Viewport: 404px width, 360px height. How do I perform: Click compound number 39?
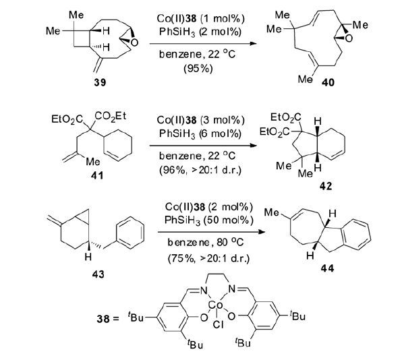(100, 82)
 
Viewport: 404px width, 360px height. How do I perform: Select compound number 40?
(328, 82)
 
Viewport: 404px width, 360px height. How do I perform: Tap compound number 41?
(97, 176)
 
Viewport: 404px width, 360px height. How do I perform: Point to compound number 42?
(326, 185)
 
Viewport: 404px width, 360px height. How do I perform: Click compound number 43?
(98, 274)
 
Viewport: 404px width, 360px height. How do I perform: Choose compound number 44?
(328, 268)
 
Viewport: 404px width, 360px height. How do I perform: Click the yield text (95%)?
(198, 69)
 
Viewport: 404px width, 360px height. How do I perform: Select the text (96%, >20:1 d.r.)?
(200, 170)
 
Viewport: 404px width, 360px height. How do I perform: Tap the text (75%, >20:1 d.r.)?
(208, 258)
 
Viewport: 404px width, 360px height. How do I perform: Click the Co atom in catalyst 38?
(215, 305)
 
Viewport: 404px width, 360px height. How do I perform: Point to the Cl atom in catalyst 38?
(218, 325)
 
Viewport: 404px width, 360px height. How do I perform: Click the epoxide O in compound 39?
(134, 42)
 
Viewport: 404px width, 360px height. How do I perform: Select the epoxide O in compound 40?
(349, 38)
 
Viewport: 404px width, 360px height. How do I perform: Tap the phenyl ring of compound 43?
(130, 233)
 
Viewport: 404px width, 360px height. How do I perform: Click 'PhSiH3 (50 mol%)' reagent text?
(209, 220)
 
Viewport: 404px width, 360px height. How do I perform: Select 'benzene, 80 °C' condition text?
(205, 242)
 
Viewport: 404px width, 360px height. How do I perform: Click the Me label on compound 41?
(92, 162)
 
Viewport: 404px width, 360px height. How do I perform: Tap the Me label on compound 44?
(272, 212)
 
